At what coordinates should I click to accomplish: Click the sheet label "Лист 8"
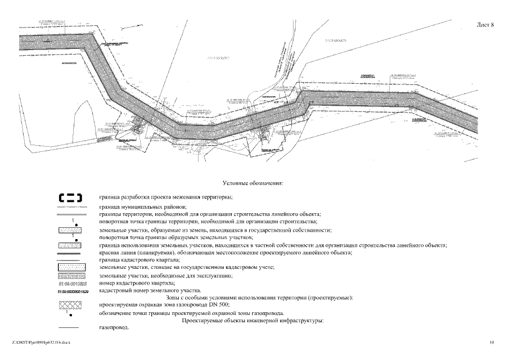(x=485, y=25)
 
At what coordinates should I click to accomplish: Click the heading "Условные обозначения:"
(x=254, y=183)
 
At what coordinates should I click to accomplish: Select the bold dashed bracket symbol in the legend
(x=71, y=197)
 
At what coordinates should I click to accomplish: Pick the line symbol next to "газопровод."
(x=71, y=327)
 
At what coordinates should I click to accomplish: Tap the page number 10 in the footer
(x=492, y=341)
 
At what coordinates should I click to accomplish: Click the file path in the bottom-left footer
(x=39, y=341)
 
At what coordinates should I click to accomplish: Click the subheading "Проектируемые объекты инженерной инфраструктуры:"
(x=253, y=320)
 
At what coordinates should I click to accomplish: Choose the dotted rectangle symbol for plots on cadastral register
(x=71, y=268)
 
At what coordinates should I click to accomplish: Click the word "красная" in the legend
(x=110, y=253)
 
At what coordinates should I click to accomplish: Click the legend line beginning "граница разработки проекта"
(x=165, y=197)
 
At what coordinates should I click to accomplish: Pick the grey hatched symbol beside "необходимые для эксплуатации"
(x=71, y=277)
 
